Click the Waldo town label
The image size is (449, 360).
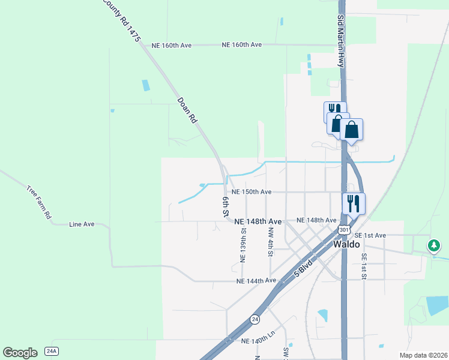tap(346, 245)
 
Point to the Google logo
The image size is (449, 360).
tap(20, 352)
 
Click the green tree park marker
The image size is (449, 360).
tap(433, 245)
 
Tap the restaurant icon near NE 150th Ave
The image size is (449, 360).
tap(354, 203)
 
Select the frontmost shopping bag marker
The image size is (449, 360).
tap(351, 129)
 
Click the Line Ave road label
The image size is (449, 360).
tap(82, 224)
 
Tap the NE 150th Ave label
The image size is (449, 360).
tap(252, 192)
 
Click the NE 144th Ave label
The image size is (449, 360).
tap(256, 281)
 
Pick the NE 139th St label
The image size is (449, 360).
tap(243, 245)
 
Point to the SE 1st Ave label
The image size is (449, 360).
tap(370, 235)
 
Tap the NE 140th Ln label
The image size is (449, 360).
tap(258, 341)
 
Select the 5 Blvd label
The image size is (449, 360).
tap(304, 268)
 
